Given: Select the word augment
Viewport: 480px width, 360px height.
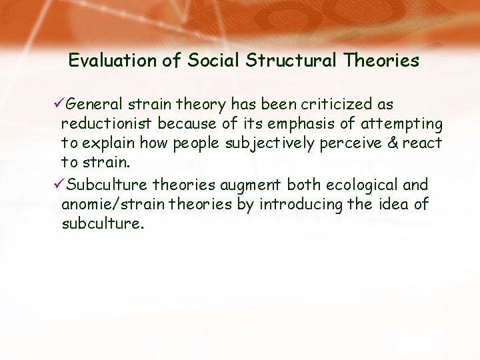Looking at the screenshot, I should pyautogui.click(x=251, y=185).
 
